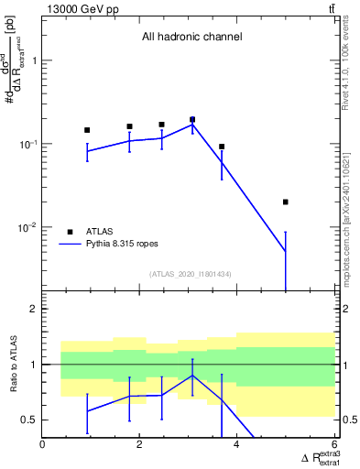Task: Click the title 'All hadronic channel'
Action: click(x=191, y=38)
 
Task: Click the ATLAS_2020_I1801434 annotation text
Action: click(x=191, y=274)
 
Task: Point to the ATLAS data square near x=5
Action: click(x=286, y=202)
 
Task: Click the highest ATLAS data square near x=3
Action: click(x=192, y=119)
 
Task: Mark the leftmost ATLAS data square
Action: click(x=87, y=130)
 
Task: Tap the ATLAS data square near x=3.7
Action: click(x=222, y=147)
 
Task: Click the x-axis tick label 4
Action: click(x=237, y=444)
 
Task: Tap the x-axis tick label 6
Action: click(x=334, y=444)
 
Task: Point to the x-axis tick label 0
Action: click(x=43, y=444)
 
